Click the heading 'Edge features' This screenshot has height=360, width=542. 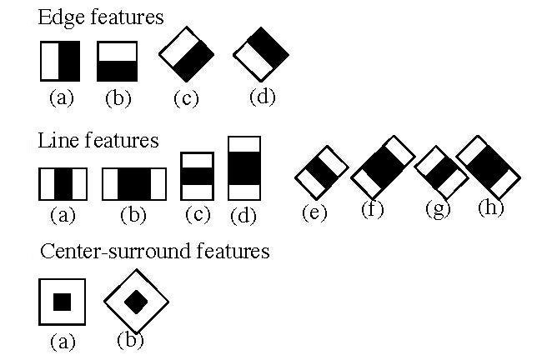(101, 17)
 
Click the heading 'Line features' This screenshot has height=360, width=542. (98, 140)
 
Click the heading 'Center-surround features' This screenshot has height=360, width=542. (154, 251)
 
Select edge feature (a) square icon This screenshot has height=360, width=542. (59, 61)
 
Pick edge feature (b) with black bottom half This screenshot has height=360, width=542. (118, 61)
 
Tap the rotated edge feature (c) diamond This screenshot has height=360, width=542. (187, 55)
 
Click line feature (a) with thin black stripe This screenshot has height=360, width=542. (63, 183)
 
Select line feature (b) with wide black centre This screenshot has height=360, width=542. (133, 183)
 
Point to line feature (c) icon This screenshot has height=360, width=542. (197, 177)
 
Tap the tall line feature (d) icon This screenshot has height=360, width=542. (244, 168)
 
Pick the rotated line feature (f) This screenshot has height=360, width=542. (382, 167)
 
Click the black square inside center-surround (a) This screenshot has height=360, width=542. (62, 302)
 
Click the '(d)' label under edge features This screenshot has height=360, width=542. (262, 97)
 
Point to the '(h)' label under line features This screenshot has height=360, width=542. (491, 207)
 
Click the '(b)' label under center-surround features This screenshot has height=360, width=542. (131, 339)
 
